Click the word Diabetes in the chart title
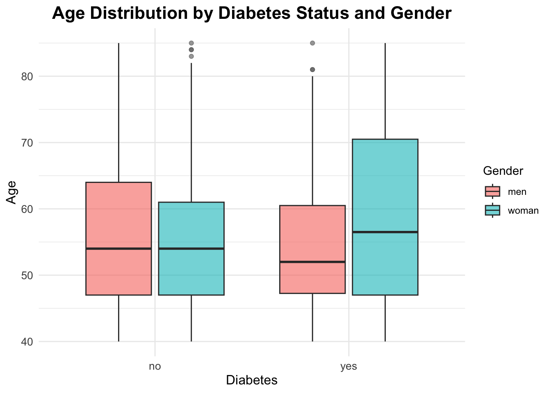click(x=258, y=14)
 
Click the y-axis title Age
click(x=11, y=192)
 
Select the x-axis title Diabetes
click(x=252, y=380)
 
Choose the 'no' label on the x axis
click(x=155, y=366)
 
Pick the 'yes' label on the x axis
click(x=348, y=366)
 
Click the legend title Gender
click(x=503, y=171)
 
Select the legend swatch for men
click(x=492, y=192)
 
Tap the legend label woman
click(x=523, y=211)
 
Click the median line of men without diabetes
click(x=118, y=248)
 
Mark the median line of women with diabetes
click(x=385, y=232)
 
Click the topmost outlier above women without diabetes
click(x=191, y=43)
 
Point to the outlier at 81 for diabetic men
click(x=312, y=70)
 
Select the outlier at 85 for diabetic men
click(x=312, y=43)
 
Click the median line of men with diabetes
click(x=312, y=262)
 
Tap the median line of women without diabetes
click(x=191, y=248)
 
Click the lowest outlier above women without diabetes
click(x=191, y=56)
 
